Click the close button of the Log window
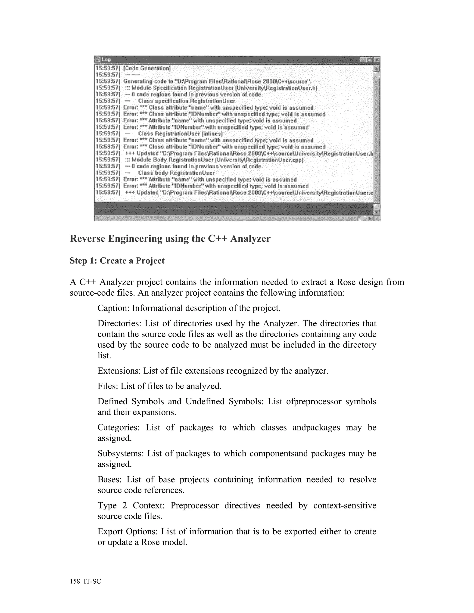tap(377, 59)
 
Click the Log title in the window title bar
tap(106, 59)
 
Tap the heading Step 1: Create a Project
tap(117, 261)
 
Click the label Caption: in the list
tap(113, 308)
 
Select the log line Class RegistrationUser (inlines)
tap(180, 134)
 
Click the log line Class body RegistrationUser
tap(176, 173)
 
